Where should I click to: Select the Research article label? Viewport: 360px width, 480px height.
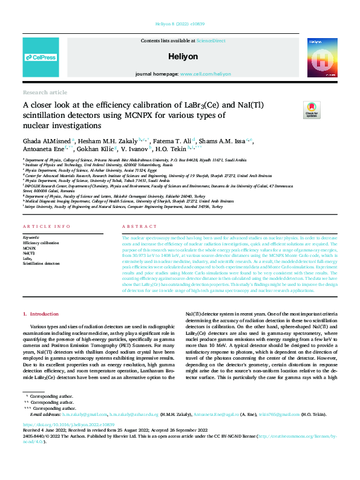45,92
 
